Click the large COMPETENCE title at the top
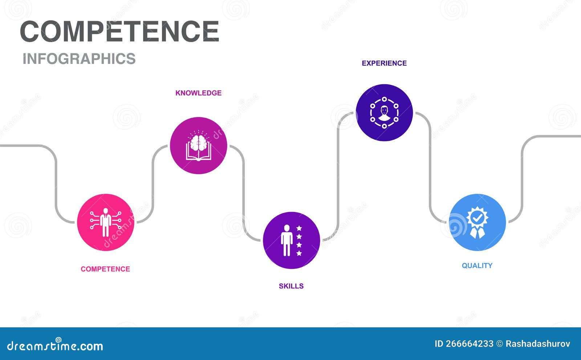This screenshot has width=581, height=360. pos(119,31)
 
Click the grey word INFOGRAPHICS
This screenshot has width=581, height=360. pos(79,58)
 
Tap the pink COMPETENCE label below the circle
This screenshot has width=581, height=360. pos(105,269)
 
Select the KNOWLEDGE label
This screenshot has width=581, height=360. pos(198,93)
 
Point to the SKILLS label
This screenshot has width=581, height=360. pos(291,286)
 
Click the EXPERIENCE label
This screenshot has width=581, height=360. pos(384,63)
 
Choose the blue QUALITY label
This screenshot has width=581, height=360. pos(477,266)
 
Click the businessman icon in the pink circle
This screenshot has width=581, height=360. pos(106,222)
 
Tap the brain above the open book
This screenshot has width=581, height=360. pos(198,143)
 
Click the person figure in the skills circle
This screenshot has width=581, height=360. pos(287,240)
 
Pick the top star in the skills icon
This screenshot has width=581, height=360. pos(299,228)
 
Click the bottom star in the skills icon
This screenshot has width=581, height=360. pos(299,253)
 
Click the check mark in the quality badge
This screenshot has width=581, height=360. pos(477,218)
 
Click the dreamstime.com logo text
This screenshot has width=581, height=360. pos(55,345)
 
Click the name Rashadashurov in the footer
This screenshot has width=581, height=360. pos(538,344)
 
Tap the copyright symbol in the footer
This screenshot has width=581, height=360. pos(500,344)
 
